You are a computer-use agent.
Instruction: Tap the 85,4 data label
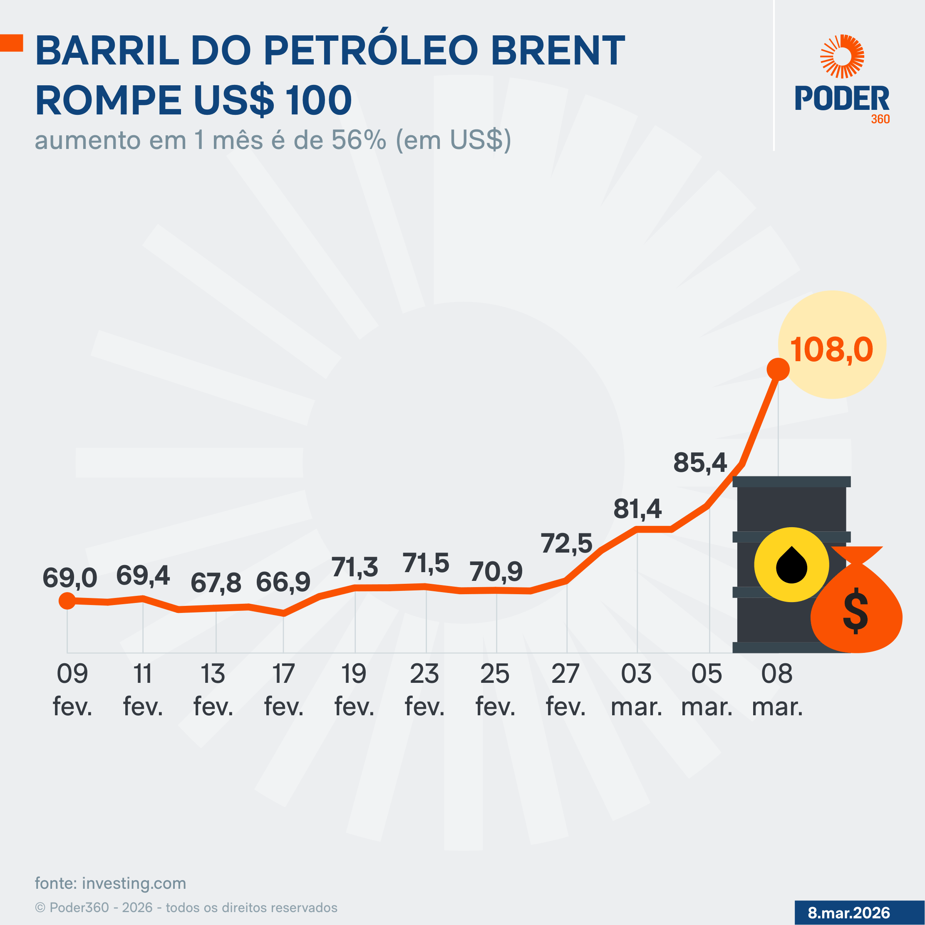[x=700, y=463]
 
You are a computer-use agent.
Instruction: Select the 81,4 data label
[x=637, y=508]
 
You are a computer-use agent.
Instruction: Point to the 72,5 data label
[x=566, y=543]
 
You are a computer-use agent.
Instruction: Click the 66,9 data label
[x=283, y=582]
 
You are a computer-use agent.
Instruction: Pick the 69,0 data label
[x=70, y=578]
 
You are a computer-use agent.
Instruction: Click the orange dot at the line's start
[x=67, y=600]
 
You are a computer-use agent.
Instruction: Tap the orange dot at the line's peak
[x=778, y=370]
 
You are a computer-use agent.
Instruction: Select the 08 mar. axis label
[x=777, y=690]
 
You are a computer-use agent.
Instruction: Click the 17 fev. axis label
[x=283, y=690]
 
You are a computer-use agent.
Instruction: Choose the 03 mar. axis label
[x=636, y=690]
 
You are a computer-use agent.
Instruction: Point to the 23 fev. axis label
[x=424, y=690]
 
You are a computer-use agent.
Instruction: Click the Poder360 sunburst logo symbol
[x=842, y=56]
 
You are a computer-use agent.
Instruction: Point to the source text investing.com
[x=134, y=883]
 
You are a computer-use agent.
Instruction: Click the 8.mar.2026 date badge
[x=849, y=913]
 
